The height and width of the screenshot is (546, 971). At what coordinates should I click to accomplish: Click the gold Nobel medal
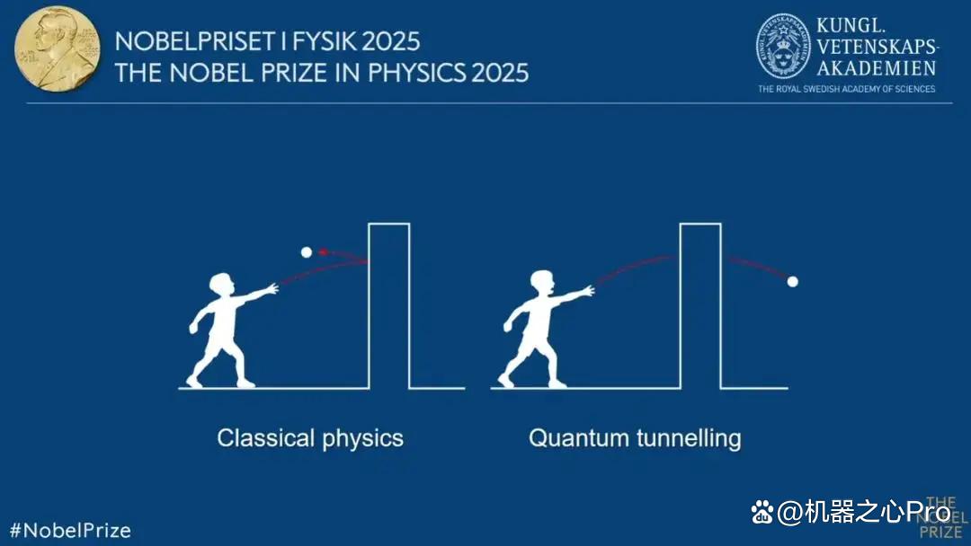(x=57, y=48)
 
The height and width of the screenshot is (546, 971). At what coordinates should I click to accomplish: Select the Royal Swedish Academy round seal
(x=783, y=47)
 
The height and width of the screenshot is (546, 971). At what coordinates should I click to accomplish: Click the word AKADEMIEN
(x=877, y=68)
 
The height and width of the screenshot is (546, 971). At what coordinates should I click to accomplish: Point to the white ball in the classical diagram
(x=307, y=252)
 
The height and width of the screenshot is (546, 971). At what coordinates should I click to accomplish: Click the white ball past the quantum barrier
(x=793, y=282)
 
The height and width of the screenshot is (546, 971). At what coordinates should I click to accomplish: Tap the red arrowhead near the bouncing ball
(x=323, y=251)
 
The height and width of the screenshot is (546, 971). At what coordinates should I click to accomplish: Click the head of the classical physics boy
(x=222, y=285)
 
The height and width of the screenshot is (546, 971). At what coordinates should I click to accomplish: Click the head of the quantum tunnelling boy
(x=542, y=282)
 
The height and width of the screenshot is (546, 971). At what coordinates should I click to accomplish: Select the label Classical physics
(x=310, y=438)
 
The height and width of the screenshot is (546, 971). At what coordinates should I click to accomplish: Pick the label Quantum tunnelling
(x=635, y=438)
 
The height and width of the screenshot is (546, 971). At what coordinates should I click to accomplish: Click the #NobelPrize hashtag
(x=71, y=531)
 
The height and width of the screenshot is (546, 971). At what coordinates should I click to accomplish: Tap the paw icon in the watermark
(x=762, y=512)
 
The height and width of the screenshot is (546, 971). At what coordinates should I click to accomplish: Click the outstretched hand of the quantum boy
(x=588, y=290)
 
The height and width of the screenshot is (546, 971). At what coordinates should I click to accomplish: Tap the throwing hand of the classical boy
(x=272, y=288)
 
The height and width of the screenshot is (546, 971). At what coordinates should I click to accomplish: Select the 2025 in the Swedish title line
(x=391, y=41)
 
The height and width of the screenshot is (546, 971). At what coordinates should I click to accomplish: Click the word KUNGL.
(x=851, y=25)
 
